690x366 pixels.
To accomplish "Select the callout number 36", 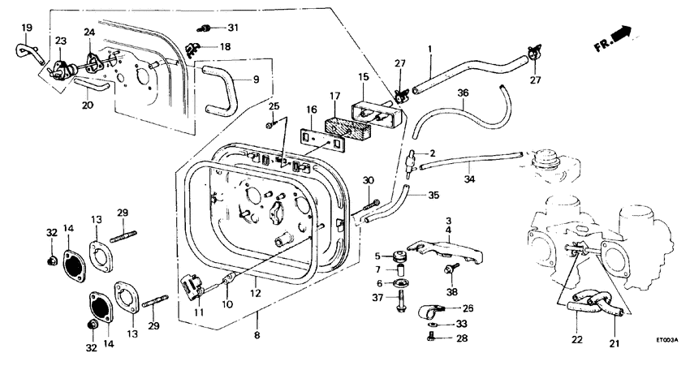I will pyautogui.click(x=463, y=94).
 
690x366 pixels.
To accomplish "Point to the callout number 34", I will pyautogui.click(x=469, y=179).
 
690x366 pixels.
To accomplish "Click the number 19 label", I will pyautogui.click(x=26, y=28).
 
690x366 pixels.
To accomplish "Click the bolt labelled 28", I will pyautogui.click(x=429, y=338).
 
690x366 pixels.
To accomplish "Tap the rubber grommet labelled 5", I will pyautogui.click(x=399, y=256).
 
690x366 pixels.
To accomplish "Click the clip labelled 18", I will pyautogui.click(x=195, y=48).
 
